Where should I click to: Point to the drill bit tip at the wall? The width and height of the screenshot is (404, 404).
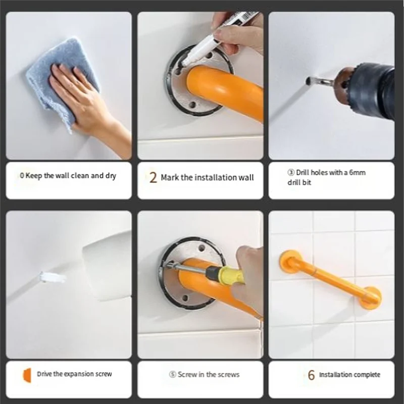click(x=309, y=80)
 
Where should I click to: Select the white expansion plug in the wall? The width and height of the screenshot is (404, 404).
click(x=52, y=277)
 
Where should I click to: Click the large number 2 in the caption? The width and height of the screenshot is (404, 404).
click(x=153, y=178)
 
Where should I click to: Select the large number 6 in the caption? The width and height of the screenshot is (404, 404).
click(x=311, y=375)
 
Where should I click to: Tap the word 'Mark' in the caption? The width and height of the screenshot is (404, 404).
click(x=170, y=178)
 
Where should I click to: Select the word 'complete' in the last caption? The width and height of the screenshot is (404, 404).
click(x=367, y=375)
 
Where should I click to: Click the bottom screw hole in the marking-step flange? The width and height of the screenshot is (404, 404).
click(x=192, y=105)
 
